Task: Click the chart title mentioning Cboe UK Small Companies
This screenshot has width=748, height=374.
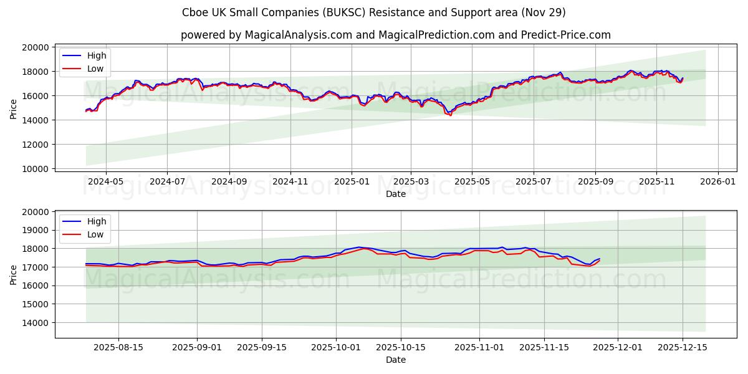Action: pos(374,12)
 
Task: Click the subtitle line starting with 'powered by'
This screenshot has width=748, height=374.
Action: pos(396,35)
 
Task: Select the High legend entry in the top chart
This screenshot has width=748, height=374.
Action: pos(96,55)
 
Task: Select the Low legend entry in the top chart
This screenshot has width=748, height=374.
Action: pos(95,69)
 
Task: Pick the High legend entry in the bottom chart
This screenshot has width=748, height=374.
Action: pos(96,221)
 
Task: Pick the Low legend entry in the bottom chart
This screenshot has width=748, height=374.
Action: pos(95,234)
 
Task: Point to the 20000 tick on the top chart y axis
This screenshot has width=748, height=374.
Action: pos(35,47)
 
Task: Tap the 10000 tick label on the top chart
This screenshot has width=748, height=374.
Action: pos(35,169)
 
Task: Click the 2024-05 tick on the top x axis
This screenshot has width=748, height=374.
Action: pos(105,181)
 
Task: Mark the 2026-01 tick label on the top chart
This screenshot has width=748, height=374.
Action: pos(718,181)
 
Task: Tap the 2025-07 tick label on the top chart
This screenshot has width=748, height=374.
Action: pos(534,181)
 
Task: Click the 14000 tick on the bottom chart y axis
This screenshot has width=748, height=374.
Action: pos(35,323)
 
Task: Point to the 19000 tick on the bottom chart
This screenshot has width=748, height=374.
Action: pos(35,230)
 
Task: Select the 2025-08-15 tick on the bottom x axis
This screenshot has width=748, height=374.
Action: pos(118,348)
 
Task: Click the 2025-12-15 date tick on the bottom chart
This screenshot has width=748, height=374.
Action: pos(683,348)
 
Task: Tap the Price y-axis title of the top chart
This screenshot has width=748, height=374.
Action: pos(14,108)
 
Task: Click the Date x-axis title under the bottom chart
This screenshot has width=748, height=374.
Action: pos(396,360)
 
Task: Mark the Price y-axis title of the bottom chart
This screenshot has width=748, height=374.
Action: pos(14,274)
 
